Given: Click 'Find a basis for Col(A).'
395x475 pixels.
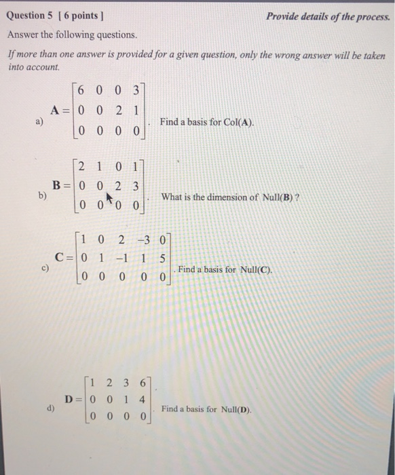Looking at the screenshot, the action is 206,122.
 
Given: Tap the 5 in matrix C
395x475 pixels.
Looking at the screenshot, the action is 164,258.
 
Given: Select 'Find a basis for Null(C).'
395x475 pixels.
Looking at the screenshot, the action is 224,269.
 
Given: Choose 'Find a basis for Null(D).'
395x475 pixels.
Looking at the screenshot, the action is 206,409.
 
